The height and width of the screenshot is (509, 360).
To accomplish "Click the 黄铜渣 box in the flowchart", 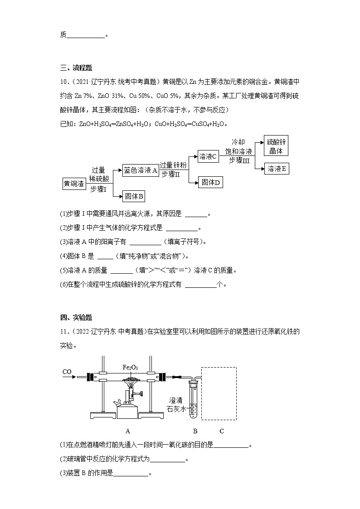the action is click(73, 184).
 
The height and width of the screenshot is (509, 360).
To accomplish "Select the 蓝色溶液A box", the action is click(141, 170).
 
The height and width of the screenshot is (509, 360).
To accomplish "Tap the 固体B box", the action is click(134, 196).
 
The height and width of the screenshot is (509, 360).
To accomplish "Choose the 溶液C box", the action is click(209, 156).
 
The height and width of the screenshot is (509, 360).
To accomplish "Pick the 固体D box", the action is click(210, 182).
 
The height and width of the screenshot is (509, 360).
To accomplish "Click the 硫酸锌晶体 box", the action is click(276, 145).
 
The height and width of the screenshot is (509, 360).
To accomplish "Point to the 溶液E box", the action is click(277, 169).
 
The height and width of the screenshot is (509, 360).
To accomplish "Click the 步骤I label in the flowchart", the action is click(98, 189).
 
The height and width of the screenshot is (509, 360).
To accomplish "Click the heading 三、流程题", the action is click(76, 68).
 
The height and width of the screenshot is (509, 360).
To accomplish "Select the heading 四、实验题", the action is click(76, 317).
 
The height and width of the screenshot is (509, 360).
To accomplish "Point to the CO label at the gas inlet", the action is click(67, 372).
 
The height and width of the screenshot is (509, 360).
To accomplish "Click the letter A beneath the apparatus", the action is click(128, 431).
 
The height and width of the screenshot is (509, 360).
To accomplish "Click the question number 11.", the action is click(63, 331).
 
